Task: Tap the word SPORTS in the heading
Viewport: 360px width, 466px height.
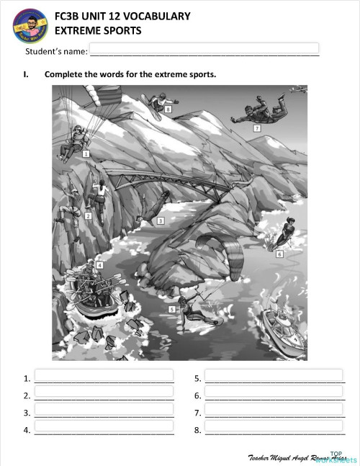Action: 120,31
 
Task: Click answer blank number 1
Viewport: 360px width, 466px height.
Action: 104,376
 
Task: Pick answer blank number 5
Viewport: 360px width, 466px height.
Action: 274,376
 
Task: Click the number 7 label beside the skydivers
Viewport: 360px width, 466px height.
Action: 257,128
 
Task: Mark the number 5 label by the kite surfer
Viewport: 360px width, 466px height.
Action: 171,309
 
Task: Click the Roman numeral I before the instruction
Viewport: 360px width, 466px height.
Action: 26,74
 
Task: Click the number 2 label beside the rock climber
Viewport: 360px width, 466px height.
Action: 88,215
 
